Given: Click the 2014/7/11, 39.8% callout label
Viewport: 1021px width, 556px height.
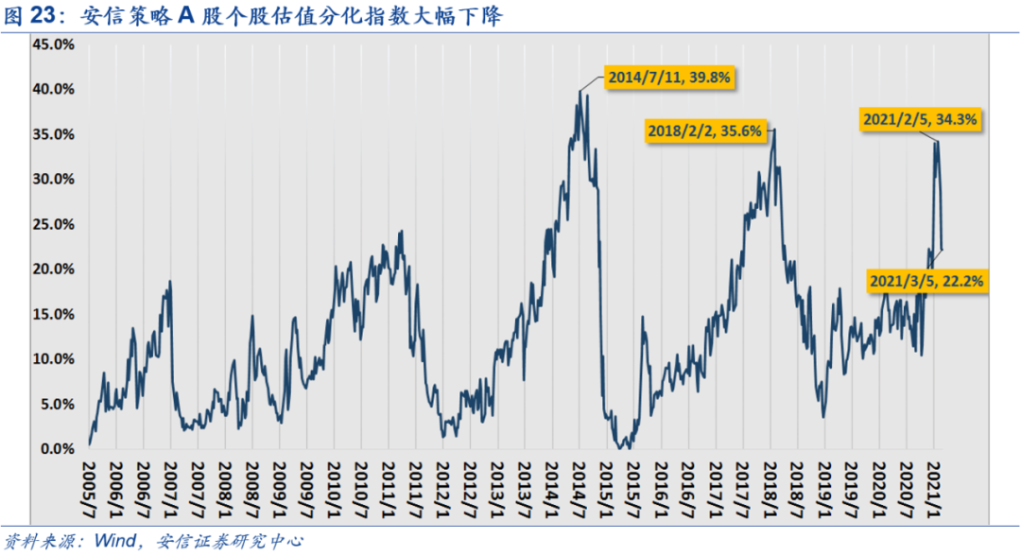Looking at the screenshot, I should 668,78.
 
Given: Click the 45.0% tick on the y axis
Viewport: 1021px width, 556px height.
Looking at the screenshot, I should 53,43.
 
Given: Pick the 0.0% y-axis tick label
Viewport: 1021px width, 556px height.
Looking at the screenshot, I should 57,449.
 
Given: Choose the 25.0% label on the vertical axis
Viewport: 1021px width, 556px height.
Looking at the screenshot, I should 53,224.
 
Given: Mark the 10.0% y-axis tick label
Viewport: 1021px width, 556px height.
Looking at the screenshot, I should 53,359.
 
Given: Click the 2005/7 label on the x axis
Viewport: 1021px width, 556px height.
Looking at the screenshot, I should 90,484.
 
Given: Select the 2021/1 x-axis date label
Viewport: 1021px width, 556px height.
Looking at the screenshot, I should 935,484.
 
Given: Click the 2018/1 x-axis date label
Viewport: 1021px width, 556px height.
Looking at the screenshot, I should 770,484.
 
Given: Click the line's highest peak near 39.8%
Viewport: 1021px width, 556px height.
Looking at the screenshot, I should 580,91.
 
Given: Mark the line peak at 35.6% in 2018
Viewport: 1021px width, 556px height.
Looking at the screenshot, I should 774,130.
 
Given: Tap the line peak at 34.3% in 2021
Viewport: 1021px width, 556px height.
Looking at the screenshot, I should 935,141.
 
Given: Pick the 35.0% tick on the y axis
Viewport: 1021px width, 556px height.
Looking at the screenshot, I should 53,134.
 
